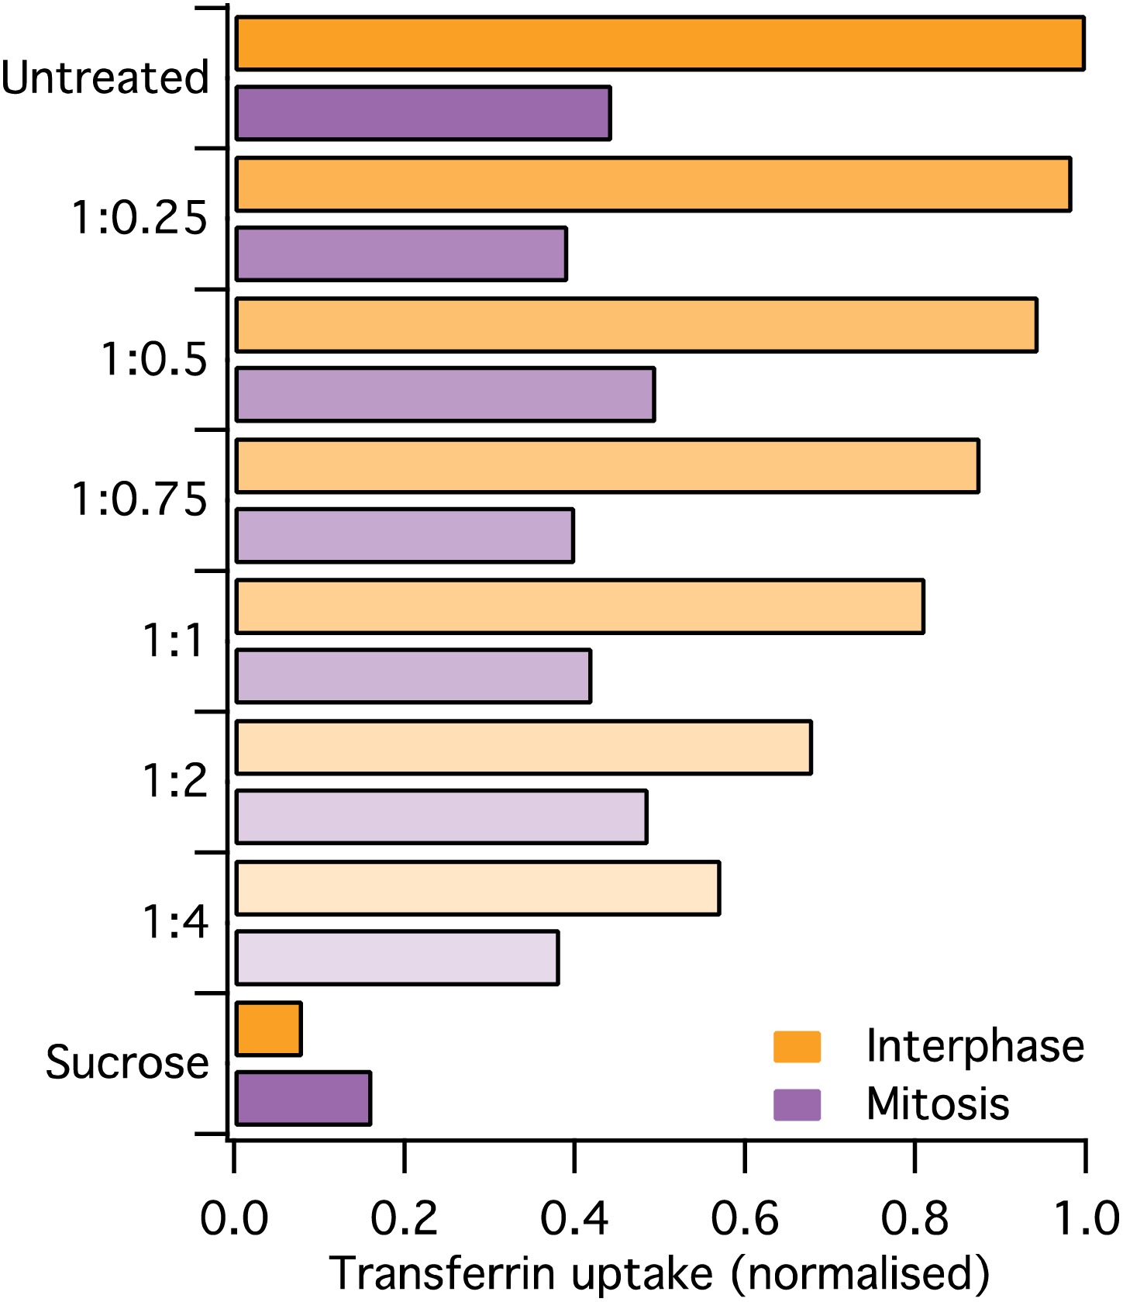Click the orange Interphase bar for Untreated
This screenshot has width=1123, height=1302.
pos(659,43)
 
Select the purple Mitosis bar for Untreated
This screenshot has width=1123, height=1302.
pos(423,113)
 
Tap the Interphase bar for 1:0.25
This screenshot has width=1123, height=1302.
pos(653,185)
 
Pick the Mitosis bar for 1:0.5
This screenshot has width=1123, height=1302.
pos(445,395)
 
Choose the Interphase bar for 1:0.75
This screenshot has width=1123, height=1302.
pos(607,465)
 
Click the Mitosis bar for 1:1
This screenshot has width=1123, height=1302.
pos(413,676)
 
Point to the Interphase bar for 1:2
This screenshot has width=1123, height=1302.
pos(523,748)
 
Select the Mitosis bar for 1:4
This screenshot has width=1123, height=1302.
pos(397,958)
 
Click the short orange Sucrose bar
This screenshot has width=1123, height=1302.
pos(268,1029)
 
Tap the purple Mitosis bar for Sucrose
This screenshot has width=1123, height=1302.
pos(303,1099)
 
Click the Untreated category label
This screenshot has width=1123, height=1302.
pos(105,78)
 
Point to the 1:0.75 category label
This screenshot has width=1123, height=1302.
pos(140,499)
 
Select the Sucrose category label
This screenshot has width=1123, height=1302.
pos(127,1062)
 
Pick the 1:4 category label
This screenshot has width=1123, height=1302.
pos(175,921)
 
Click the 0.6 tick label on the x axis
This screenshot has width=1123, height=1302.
pos(744,1217)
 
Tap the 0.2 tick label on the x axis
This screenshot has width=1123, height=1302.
pos(404,1217)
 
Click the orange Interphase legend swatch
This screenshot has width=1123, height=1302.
pos(797,1046)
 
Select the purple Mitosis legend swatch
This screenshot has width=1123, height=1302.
pos(797,1104)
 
